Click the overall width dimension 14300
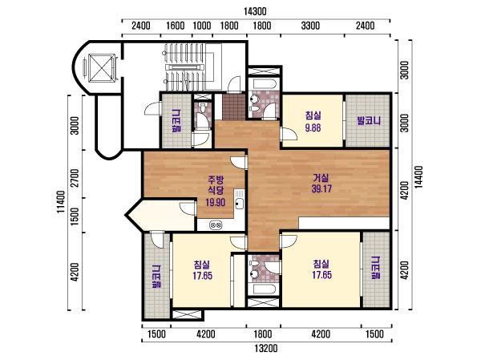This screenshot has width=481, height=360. point(255,11)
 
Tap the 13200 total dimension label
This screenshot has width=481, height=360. point(266,348)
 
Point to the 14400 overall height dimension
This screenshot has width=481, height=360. point(418,176)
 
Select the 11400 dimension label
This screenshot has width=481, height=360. point(61,202)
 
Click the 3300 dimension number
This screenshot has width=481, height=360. point(310,26)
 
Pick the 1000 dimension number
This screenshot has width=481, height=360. point(202,26)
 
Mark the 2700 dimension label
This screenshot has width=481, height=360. point(75,178)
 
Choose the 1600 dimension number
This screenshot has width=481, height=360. point(175,26)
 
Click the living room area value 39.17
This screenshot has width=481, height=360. point(321,188)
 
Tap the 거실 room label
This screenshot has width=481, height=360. point(321,178)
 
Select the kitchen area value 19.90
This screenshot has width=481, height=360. point(216,202)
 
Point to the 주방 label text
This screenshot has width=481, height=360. point(216,179)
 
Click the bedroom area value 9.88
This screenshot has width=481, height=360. point(313,127)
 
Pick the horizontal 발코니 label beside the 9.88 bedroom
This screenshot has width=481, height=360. point(369,120)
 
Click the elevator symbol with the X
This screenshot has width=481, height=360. point(102,68)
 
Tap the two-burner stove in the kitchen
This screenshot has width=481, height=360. point(216,225)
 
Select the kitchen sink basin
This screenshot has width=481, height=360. point(239,204)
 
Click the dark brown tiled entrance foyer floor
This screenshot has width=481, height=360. point(234,107)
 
